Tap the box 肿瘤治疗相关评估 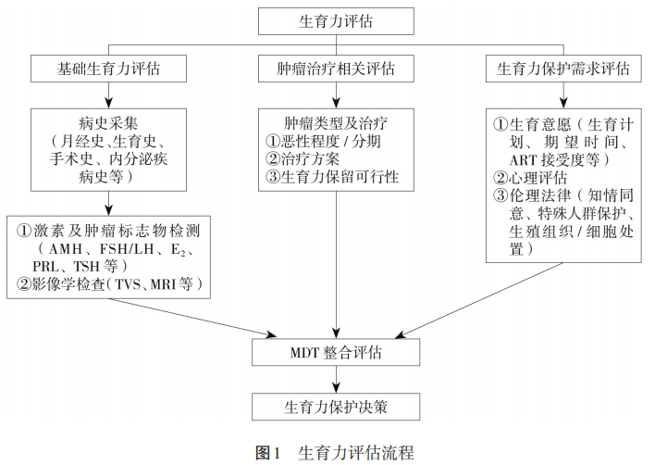(x=335, y=69)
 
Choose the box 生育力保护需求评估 (x=563, y=69)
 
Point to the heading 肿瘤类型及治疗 (x=335, y=121)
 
